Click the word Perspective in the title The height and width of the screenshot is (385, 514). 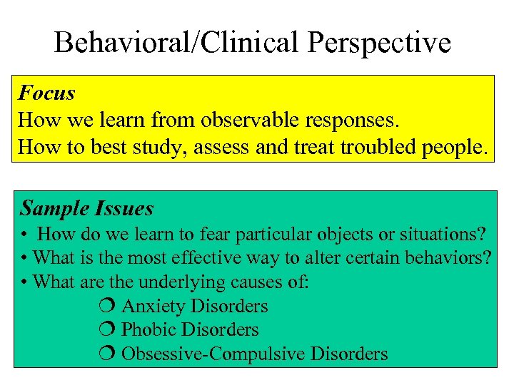[x=380, y=43]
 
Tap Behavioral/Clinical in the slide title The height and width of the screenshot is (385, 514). [x=178, y=43]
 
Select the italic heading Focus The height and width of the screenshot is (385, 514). [x=47, y=93]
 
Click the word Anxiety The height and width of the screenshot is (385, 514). [x=155, y=307]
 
